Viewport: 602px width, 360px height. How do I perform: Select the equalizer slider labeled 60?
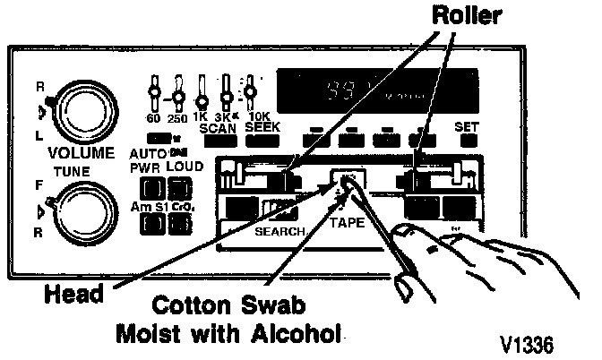157,91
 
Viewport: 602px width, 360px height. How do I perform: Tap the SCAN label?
218,128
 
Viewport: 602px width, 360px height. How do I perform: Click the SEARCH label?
280,230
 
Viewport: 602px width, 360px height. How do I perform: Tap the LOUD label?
184,167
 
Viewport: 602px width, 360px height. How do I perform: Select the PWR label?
144,167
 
